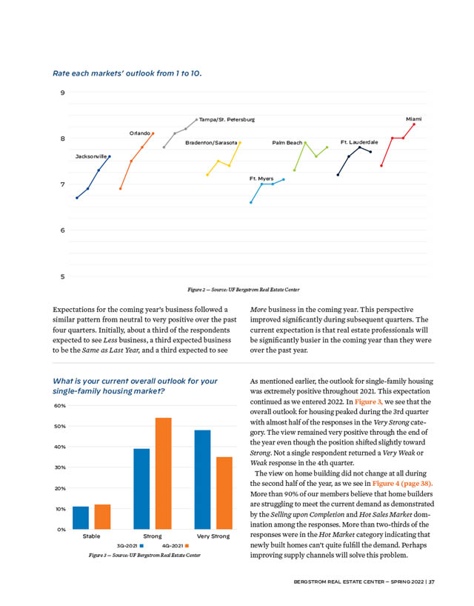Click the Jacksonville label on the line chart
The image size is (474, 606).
tap(91, 157)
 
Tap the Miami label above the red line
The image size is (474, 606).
tap(414, 118)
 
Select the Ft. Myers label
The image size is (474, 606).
tap(261, 179)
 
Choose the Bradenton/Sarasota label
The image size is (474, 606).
tap(211, 141)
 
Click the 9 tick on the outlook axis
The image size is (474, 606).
tap(62, 93)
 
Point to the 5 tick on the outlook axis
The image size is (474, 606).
tap(62, 276)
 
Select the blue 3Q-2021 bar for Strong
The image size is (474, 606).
tap(141, 489)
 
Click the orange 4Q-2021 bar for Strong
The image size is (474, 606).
tap(163, 473)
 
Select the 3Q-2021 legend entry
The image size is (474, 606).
tap(130, 545)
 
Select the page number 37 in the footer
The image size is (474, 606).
tap(431, 582)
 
